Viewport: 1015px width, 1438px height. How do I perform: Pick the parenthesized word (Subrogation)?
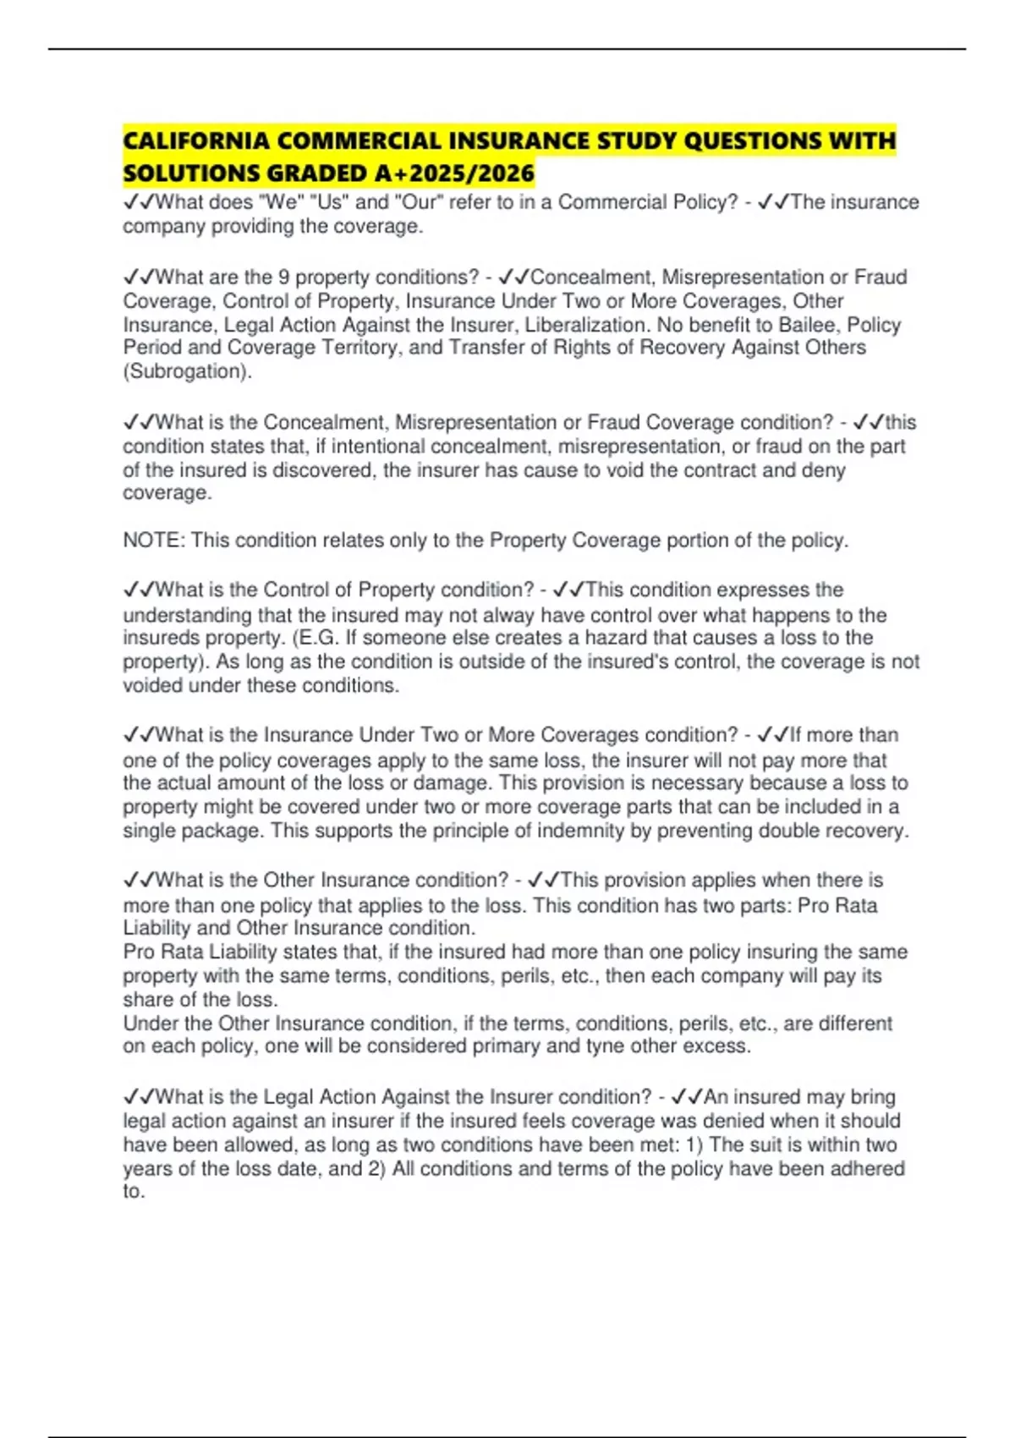pyautogui.click(x=187, y=371)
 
